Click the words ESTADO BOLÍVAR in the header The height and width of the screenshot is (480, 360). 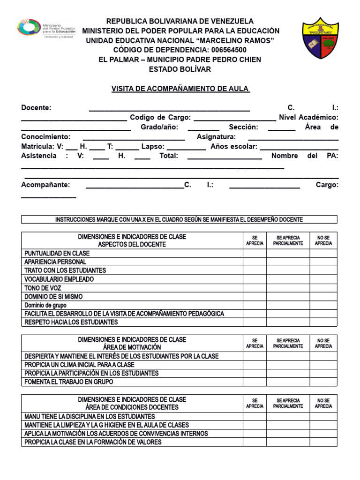[x=180, y=69]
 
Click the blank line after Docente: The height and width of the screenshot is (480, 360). [x=169, y=109]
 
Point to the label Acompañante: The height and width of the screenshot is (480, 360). [x=45, y=185]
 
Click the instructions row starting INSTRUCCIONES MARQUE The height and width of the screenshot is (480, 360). [x=179, y=219]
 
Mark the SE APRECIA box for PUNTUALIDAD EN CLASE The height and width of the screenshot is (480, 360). [x=255, y=254]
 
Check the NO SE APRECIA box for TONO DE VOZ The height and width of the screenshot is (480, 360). [x=323, y=288]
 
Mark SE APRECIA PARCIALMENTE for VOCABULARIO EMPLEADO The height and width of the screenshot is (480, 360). [x=288, y=279]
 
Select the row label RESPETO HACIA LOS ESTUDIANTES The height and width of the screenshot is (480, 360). [x=71, y=322]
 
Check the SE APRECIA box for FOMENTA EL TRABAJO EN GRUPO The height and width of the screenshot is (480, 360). [x=255, y=382]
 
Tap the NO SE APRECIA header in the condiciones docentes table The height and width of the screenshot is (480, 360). [x=323, y=403]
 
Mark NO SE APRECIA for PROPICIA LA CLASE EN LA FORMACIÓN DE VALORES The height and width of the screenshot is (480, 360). [x=323, y=442]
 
